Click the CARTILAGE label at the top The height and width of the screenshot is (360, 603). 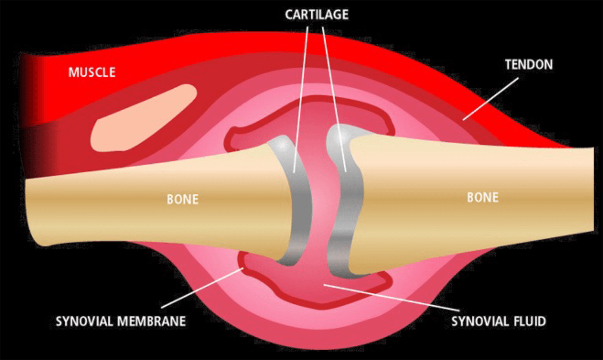316,15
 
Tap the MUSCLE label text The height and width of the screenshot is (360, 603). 92,72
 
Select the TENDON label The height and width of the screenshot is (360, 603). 528,65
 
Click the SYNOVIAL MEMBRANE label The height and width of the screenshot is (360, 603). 121,321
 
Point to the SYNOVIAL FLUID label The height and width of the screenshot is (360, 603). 498,321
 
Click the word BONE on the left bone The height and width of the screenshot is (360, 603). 183,200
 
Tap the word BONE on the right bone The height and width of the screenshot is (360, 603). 483,197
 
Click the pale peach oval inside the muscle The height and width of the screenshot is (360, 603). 142,119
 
